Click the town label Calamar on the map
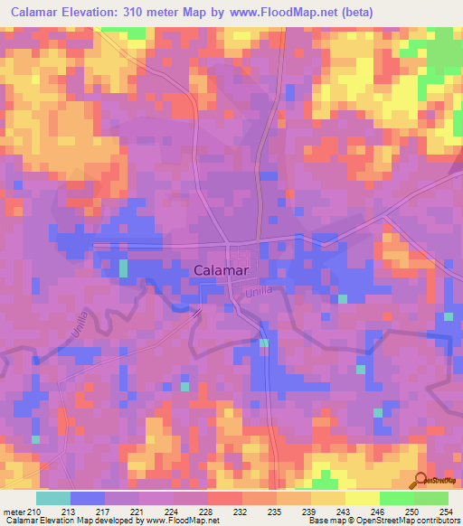[222, 270]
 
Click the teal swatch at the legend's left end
[52, 499]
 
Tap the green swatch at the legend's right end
[430, 499]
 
